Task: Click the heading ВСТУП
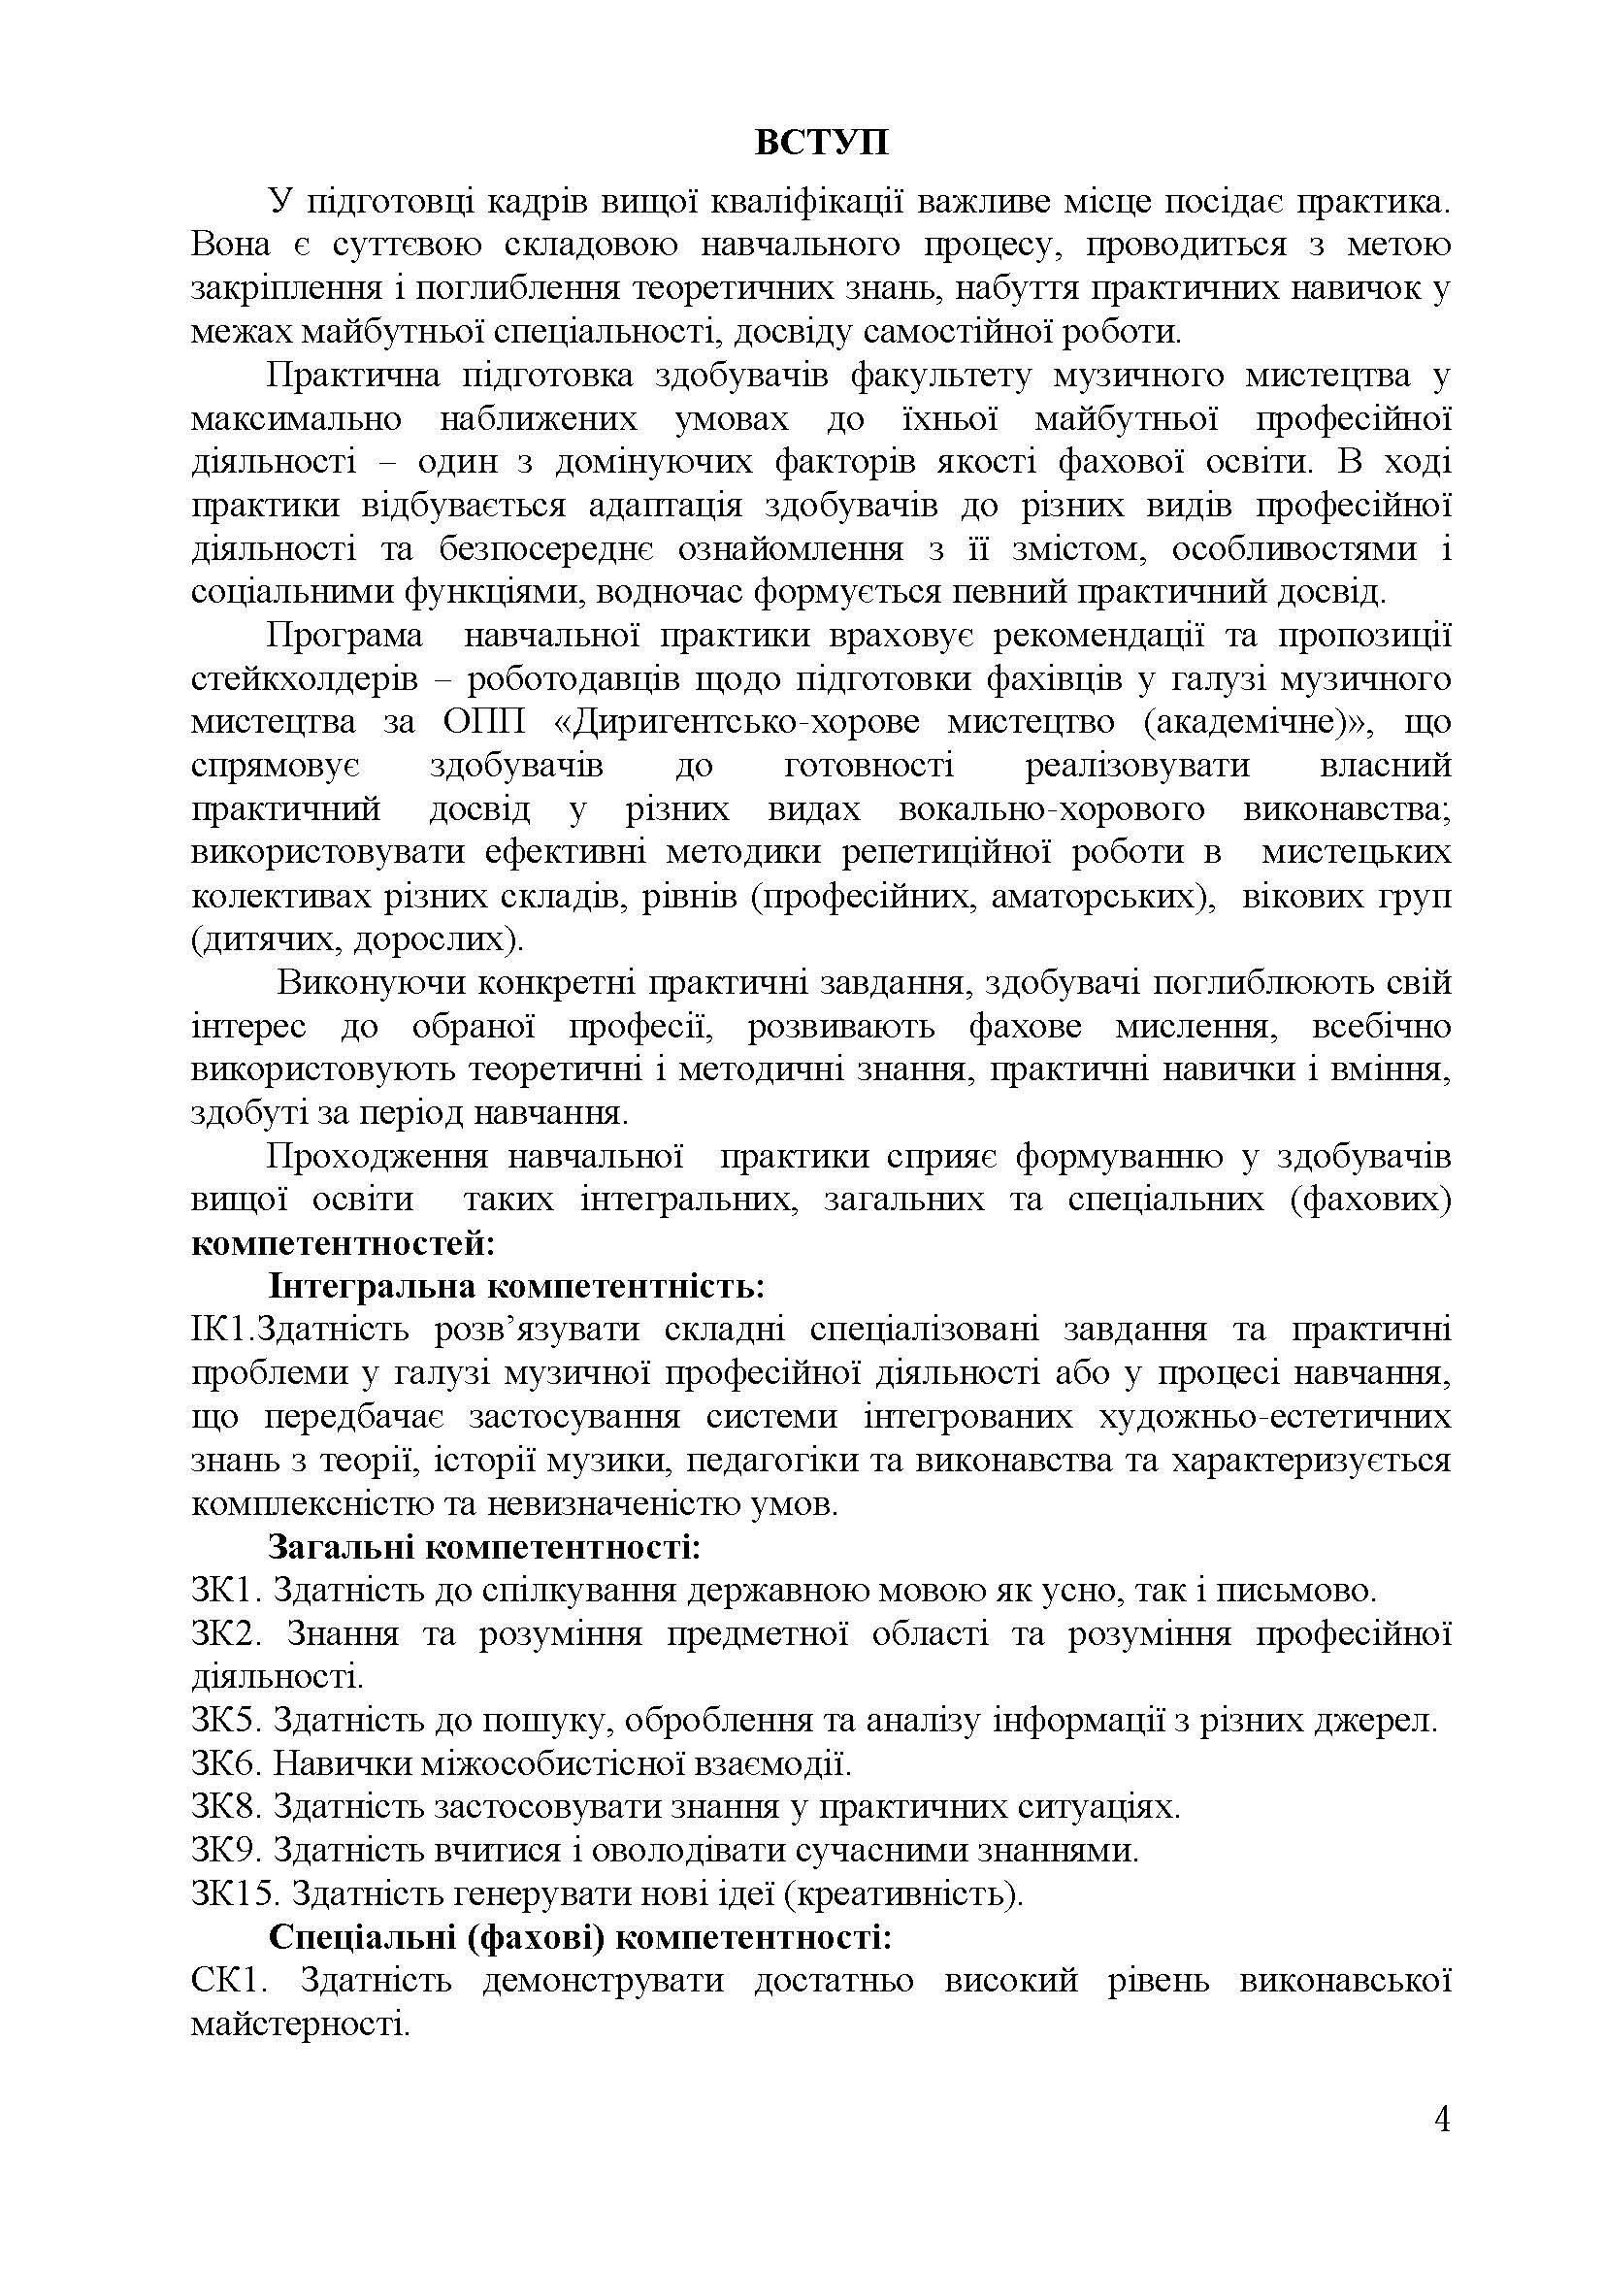(821, 144)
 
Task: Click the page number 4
(1442, 2148)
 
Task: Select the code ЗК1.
(224, 1591)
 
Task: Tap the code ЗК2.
(224, 1634)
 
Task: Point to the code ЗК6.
(224, 1763)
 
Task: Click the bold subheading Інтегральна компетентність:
(517, 1287)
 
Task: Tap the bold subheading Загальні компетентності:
(484, 1547)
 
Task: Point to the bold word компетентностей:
(342, 1244)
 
